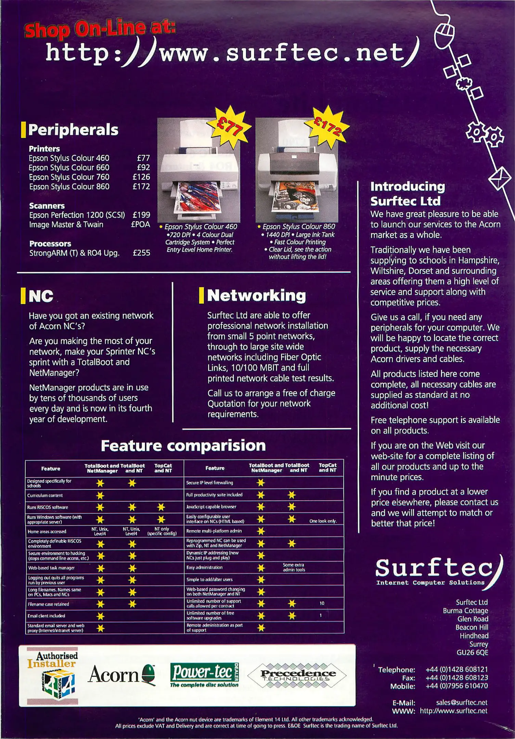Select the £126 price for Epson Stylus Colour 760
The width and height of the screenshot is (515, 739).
[141, 177]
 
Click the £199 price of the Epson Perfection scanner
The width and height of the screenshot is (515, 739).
[141, 215]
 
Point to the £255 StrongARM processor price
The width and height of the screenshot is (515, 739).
[141, 253]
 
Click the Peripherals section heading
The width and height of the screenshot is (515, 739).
[73, 130]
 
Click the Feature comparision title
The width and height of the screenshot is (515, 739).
[183, 445]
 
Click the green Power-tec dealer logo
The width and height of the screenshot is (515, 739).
[205, 675]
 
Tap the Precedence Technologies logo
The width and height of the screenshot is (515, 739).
[296, 675]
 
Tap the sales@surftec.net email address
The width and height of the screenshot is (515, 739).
[462, 702]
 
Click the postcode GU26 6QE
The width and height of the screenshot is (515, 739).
[472, 652]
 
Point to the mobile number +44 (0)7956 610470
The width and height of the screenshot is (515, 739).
[457, 686]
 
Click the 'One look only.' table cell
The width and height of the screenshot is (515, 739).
[323, 521]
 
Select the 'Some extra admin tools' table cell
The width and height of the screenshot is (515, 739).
[294, 567]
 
